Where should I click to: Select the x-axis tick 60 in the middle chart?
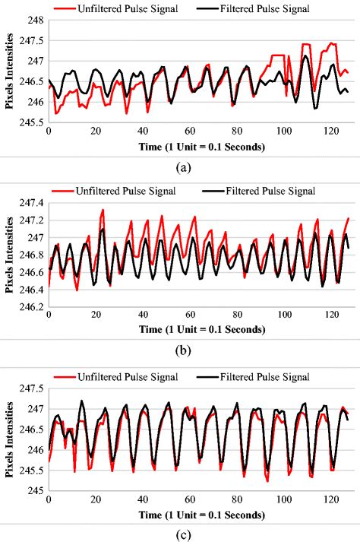[189, 316]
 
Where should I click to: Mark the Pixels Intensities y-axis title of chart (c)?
[10, 439]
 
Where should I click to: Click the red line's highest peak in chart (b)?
[103, 210]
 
